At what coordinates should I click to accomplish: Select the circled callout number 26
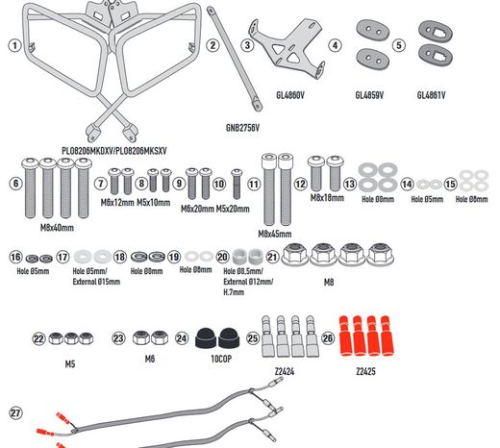pyautogui.click(x=327, y=338)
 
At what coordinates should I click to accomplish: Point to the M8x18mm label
pyautogui.click(x=327, y=197)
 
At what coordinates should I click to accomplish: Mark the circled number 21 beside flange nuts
pyautogui.click(x=272, y=257)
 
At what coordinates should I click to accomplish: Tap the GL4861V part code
pyautogui.click(x=433, y=96)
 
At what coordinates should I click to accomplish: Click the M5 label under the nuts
pyautogui.click(x=70, y=365)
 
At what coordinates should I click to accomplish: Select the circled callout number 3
pyautogui.click(x=247, y=45)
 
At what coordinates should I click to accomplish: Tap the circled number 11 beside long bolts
pyautogui.click(x=254, y=183)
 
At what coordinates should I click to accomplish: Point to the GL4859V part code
pyautogui.click(x=370, y=96)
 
